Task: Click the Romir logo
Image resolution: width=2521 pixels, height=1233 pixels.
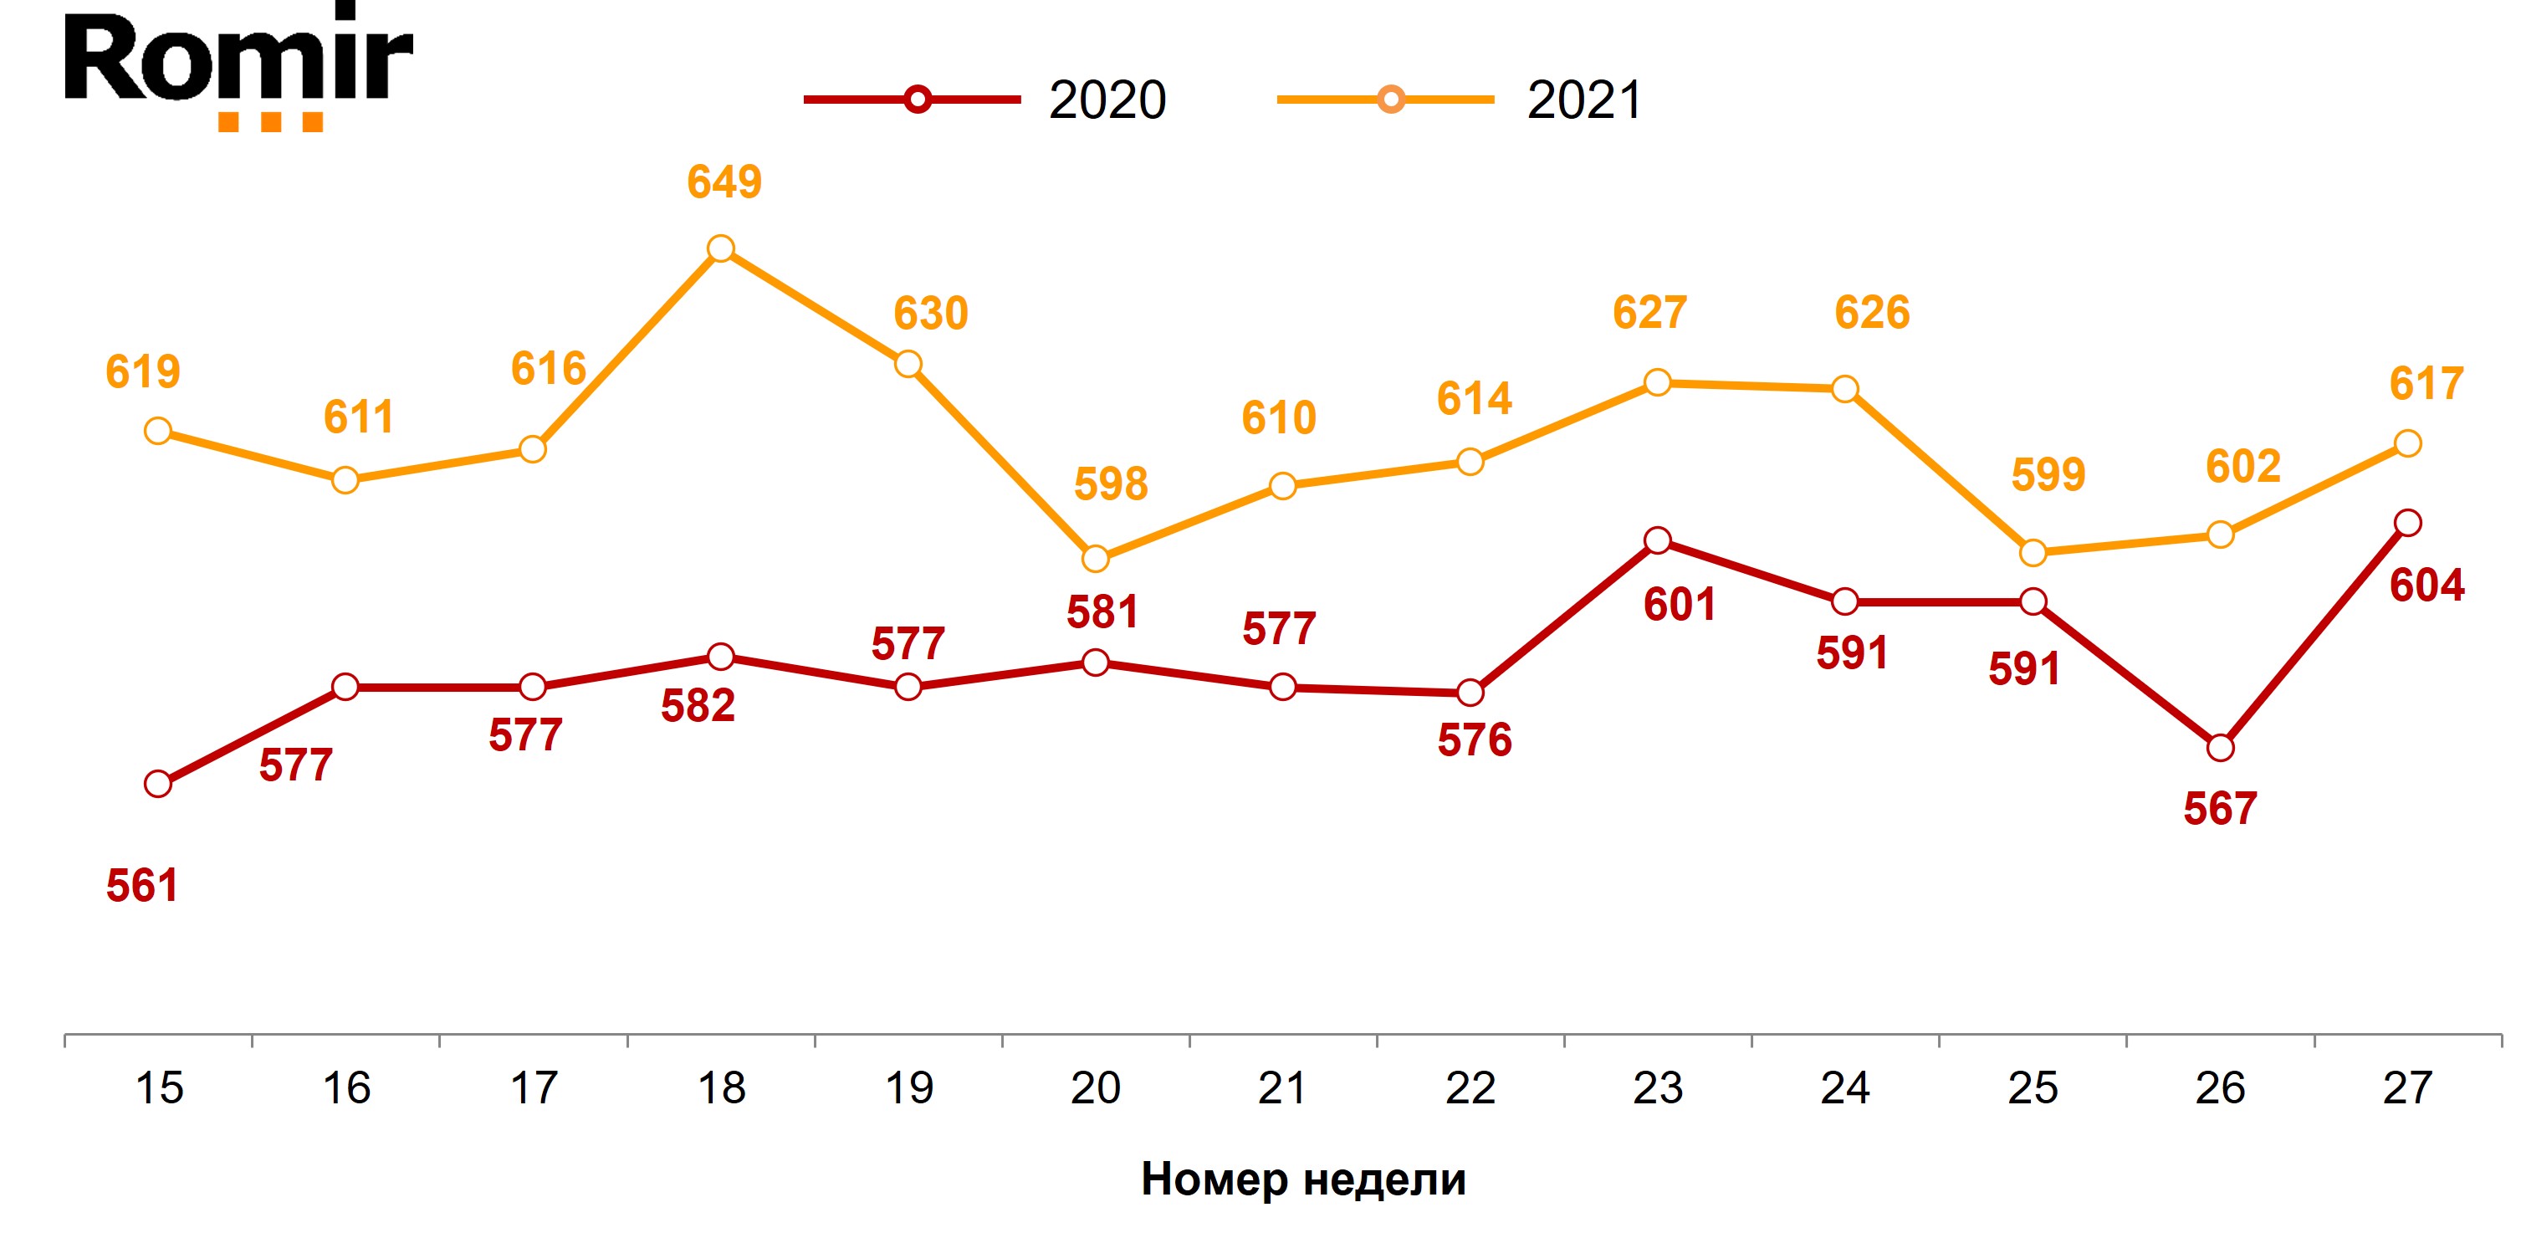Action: [x=238, y=67]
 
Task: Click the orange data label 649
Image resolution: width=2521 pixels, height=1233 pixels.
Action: [x=724, y=182]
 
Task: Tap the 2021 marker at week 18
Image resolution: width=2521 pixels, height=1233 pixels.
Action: [x=720, y=248]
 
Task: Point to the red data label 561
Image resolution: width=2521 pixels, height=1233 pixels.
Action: [x=143, y=887]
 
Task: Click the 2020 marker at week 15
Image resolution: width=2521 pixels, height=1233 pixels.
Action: [x=157, y=784]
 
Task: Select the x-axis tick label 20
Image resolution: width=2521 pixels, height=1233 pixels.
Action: [x=1095, y=1089]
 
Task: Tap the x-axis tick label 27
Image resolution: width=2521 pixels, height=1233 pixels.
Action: [x=2407, y=1089]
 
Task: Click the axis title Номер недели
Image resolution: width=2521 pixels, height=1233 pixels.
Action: [x=1303, y=1179]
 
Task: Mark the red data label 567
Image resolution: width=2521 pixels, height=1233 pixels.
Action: [x=2221, y=809]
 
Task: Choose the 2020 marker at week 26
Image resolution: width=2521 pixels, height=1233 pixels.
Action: [x=2221, y=749]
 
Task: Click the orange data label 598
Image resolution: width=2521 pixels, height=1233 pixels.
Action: [x=1111, y=484]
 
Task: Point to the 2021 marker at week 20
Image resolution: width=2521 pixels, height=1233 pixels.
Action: [x=1095, y=559]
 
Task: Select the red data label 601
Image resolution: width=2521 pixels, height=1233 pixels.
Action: [x=1680, y=605]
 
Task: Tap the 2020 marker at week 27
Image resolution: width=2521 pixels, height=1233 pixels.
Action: [x=2407, y=523]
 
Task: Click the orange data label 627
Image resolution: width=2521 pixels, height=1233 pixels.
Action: [x=1650, y=313]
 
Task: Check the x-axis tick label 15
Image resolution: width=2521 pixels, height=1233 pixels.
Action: [x=159, y=1089]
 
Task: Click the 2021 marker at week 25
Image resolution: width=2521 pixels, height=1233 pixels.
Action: [x=2033, y=553]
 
